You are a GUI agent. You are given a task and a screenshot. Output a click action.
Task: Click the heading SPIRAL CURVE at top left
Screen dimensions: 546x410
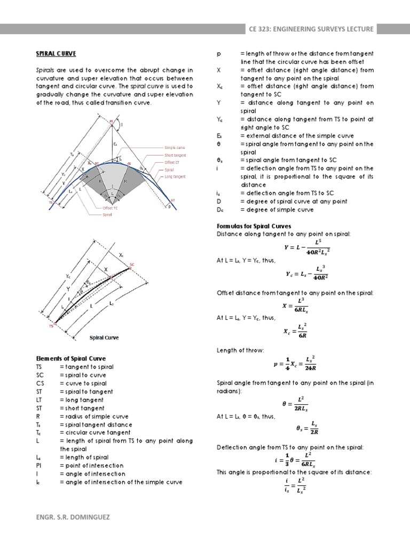pyautogui.click(x=56, y=53)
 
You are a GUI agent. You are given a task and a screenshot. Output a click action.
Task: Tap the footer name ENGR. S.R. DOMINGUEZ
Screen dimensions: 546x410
pyautogui.click(x=72, y=517)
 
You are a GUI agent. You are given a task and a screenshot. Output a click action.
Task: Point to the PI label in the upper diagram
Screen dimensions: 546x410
pyautogui.click(x=111, y=122)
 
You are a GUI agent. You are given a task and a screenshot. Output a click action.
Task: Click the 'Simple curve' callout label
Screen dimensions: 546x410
pyautogui.click(x=175, y=148)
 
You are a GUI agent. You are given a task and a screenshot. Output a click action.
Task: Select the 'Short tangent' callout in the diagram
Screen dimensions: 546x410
pyautogui.click(x=175, y=155)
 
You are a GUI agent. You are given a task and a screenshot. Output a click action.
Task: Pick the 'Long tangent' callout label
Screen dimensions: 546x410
pyautogui.click(x=176, y=176)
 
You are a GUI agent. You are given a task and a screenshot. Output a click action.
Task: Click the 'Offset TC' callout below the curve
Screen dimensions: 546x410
pyautogui.click(x=109, y=208)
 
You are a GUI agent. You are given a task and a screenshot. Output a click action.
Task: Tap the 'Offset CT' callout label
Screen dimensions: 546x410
pyautogui.click(x=172, y=162)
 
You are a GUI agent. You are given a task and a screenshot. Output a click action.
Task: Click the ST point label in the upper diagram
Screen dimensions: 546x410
pyautogui.click(x=172, y=200)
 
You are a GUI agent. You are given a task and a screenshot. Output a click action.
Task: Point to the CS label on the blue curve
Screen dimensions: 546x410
pyautogui.click(x=129, y=164)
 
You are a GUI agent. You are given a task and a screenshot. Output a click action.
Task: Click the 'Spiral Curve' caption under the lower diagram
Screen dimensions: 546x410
pyautogui.click(x=104, y=338)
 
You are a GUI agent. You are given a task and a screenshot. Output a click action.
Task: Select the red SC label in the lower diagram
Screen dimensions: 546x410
pyautogui.click(x=131, y=264)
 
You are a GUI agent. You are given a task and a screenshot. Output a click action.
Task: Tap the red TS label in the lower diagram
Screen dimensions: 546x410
pyautogui.click(x=51, y=325)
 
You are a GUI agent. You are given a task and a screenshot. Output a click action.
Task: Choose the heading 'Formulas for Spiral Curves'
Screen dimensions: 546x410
pyautogui.click(x=254, y=226)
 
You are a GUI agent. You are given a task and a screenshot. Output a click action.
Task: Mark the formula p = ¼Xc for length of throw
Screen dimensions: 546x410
pyautogui.click(x=294, y=365)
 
